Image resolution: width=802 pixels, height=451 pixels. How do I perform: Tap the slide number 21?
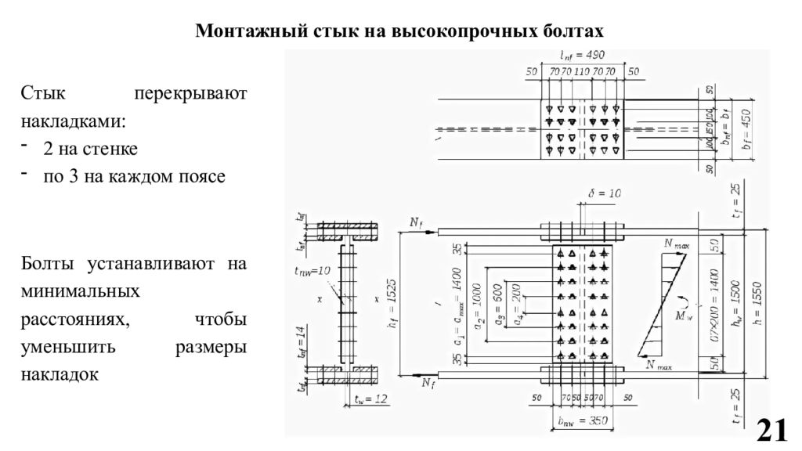coord(771,430)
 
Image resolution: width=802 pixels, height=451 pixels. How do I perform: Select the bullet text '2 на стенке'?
coord(91,149)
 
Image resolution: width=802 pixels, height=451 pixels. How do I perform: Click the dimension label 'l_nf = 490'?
coord(582,56)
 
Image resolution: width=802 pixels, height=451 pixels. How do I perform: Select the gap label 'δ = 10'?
coord(604,193)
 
